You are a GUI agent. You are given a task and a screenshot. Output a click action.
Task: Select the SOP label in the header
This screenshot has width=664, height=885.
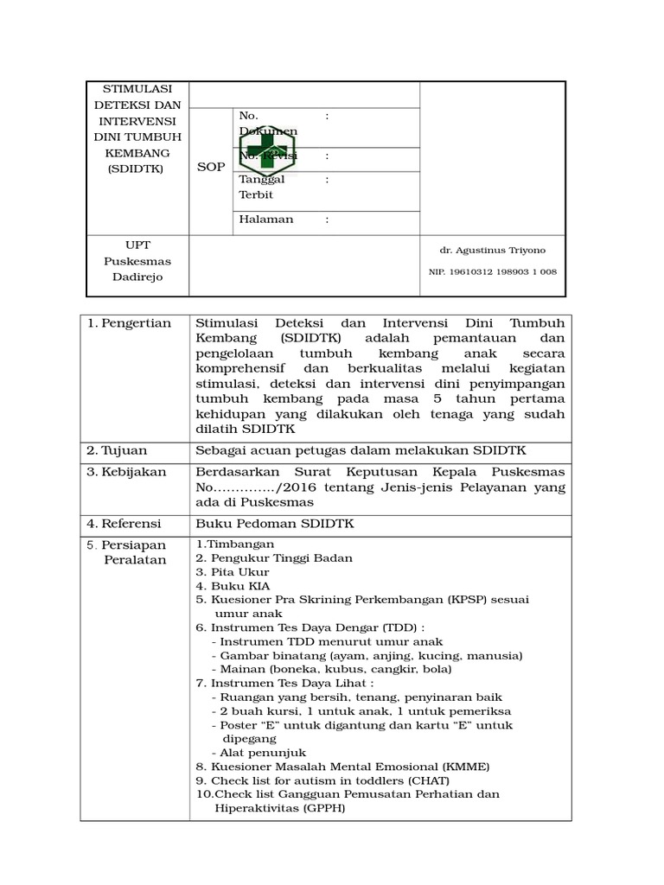[210, 166]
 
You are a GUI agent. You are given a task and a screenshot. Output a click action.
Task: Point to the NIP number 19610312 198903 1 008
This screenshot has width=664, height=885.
[492, 271]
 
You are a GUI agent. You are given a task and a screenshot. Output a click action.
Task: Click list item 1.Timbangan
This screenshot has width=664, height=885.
[234, 544]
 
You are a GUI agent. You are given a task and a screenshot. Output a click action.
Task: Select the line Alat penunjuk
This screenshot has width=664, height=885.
[254, 753]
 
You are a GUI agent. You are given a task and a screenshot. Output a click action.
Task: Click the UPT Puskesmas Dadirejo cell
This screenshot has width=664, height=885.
[137, 261]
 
